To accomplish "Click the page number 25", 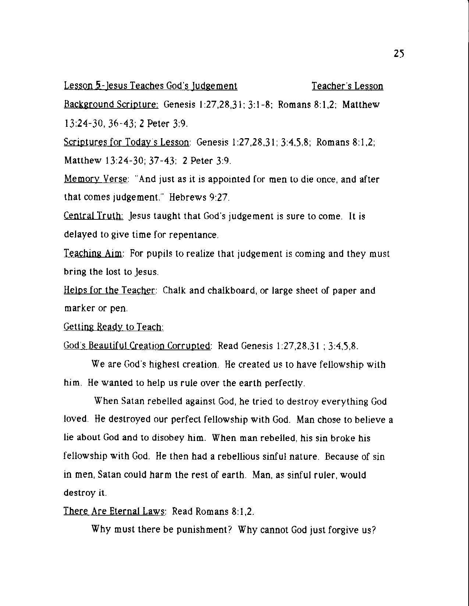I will click(x=399, y=54).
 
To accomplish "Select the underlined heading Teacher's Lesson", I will click(x=347, y=86).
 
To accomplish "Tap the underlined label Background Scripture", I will click(x=111, y=105).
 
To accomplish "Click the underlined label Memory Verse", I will click(x=96, y=179).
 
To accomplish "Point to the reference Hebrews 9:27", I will click(x=199, y=198).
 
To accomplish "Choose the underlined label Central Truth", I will click(x=93, y=216).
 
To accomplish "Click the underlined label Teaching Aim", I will click(x=94, y=254).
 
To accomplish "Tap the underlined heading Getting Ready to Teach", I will click(x=114, y=327).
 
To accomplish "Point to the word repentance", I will click(x=193, y=235).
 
